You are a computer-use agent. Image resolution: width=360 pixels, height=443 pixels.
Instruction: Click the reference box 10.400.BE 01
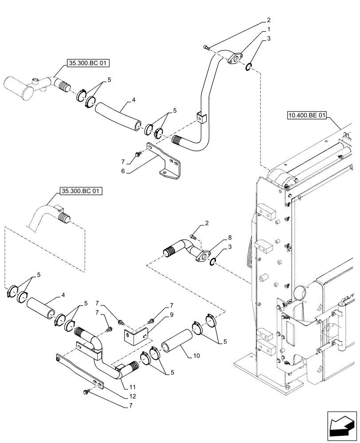[x=306, y=116]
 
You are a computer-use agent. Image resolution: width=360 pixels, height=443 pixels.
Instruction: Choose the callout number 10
[x=191, y=356]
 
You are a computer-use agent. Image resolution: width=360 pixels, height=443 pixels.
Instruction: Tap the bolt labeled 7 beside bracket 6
[x=136, y=153]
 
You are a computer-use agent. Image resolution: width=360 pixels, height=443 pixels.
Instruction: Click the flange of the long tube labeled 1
[x=236, y=58]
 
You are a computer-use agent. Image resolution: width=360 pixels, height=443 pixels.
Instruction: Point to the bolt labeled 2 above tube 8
[x=192, y=237]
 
